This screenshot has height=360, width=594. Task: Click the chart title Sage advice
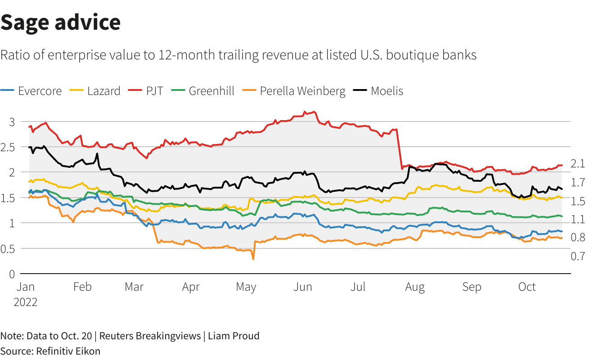pyautogui.click(x=60, y=22)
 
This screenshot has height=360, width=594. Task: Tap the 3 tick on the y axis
pyautogui.click(x=12, y=122)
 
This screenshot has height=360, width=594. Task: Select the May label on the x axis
pyautogui.click(x=246, y=287)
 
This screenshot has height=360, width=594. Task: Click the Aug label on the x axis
pyautogui.click(x=415, y=287)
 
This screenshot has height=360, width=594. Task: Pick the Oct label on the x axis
pyautogui.click(x=527, y=287)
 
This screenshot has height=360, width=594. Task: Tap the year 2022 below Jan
pyautogui.click(x=25, y=302)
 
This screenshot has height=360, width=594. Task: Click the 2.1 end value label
pyautogui.click(x=578, y=164)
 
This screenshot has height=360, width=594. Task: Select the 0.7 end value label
pyautogui.click(x=578, y=256)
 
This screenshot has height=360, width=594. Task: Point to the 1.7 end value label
pyautogui.click(x=578, y=182)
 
